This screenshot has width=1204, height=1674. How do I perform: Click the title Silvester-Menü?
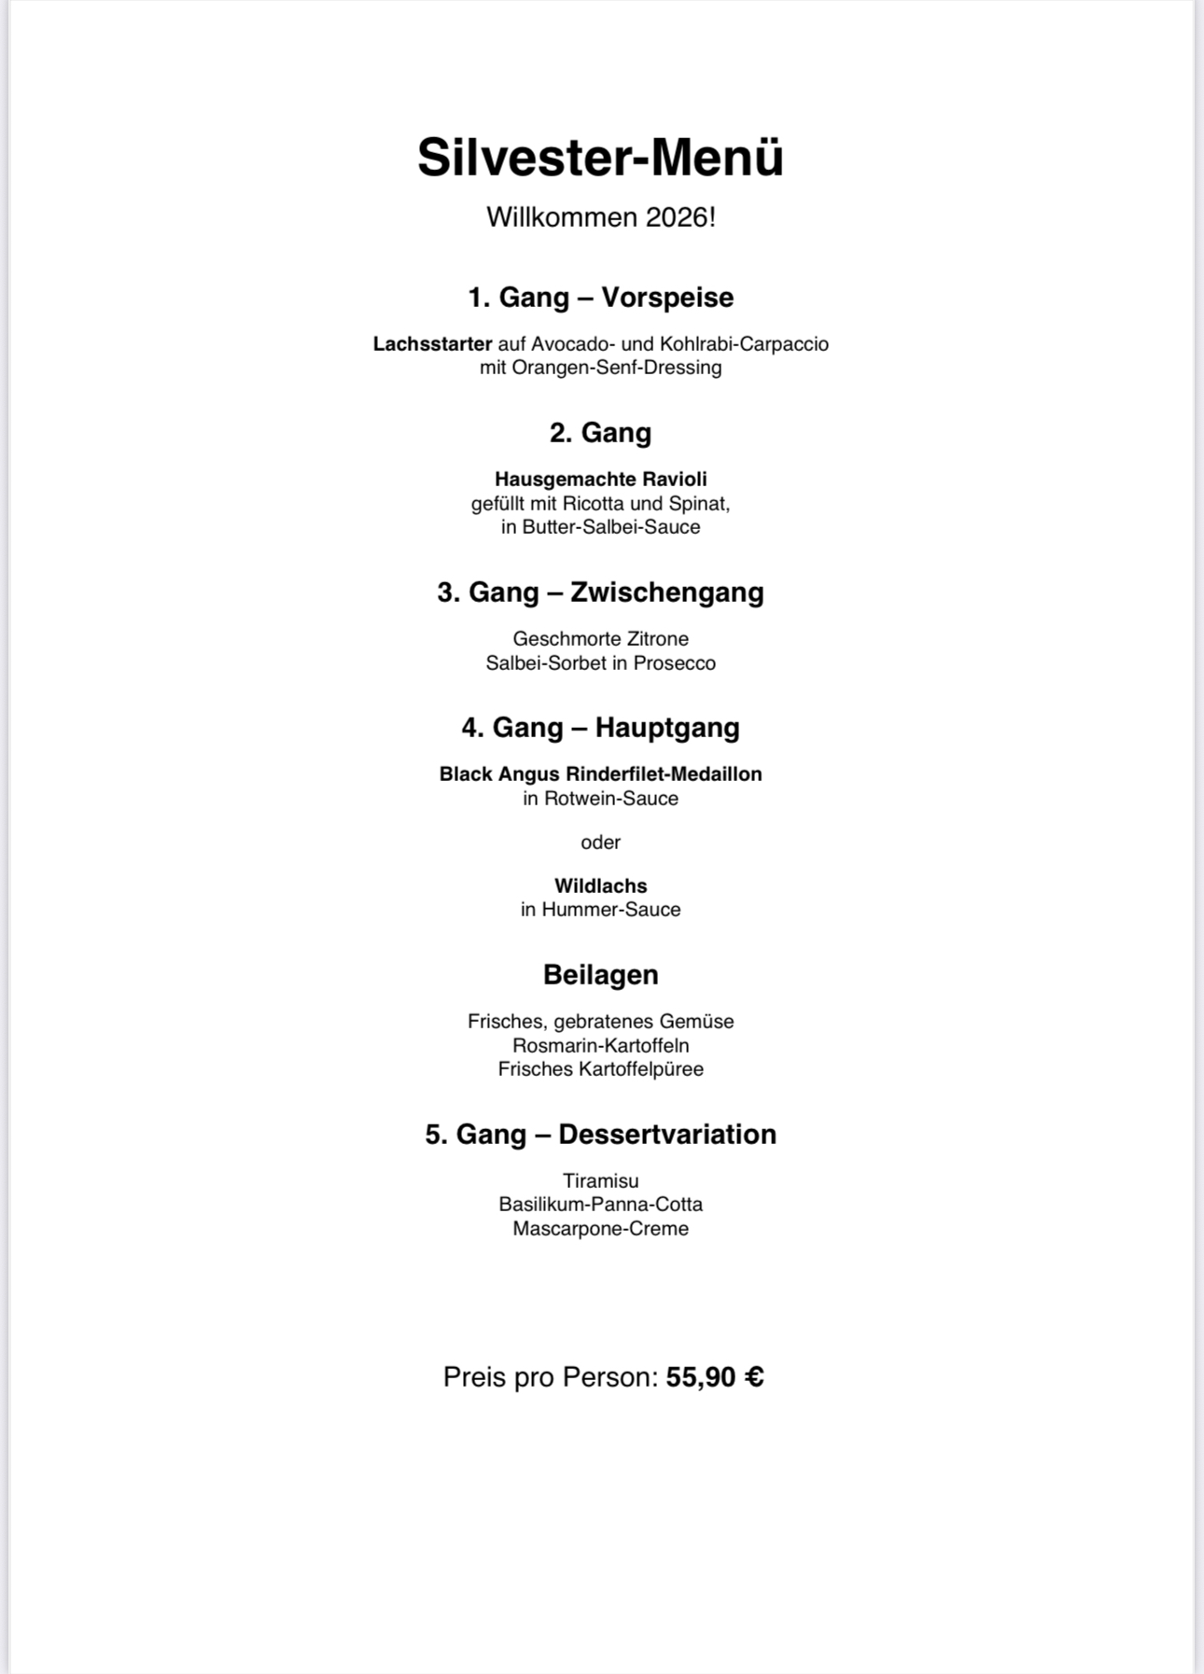point(600,157)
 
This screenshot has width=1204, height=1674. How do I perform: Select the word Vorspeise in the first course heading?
point(667,298)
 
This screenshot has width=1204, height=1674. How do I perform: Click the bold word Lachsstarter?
point(432,343)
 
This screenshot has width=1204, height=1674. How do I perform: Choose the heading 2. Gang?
point(600,433)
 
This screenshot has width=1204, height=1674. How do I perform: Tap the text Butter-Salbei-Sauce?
point(611,527)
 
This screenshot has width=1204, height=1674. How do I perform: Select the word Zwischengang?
point(666,593)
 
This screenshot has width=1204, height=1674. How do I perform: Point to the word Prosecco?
point(675,663)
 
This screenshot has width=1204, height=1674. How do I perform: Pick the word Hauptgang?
point(667,728)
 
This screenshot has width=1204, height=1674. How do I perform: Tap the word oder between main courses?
point(600,843)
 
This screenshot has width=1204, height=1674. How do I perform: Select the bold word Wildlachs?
point(600,886)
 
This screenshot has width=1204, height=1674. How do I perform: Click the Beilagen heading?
point(600,975)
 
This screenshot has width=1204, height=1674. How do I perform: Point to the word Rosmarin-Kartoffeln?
point(600,1045)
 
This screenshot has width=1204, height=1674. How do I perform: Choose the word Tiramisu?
point(600,1180)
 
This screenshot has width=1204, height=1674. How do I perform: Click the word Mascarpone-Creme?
point(600,1229)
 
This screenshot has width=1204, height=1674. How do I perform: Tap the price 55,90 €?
point(715,1377)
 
